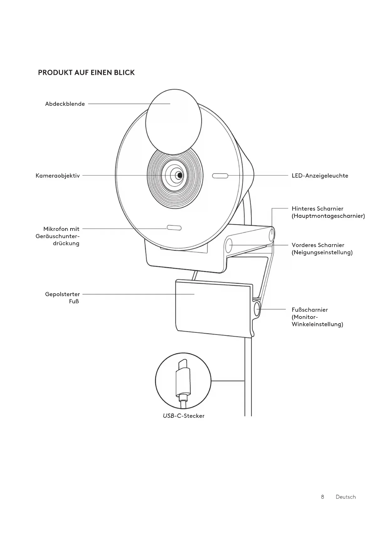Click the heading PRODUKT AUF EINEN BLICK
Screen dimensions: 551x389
[x=86, y=73]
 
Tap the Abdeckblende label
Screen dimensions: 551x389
[x=65, y=104]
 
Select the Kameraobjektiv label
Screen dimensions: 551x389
[x=58, y=176]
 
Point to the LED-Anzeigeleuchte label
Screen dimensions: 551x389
[x=320, y=176]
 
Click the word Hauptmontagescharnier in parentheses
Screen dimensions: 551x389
[x=328, y=216]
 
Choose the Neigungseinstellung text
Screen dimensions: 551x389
[x=322, y=253]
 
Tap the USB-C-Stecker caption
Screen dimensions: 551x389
[x=183, y=416]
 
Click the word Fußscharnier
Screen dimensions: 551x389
[x=310, y=310]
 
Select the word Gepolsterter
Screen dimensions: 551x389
[x=62, y=294]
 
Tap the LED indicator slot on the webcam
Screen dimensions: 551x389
[x=220, y=176]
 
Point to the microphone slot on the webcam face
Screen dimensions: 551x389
[x=174, y=228]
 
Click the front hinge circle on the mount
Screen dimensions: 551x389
[x=229, y=245]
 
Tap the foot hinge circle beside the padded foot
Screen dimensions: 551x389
[x=257, y=309]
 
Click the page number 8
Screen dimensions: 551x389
[x=323, y=497]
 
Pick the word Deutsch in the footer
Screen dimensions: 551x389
[x=345, y=497]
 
